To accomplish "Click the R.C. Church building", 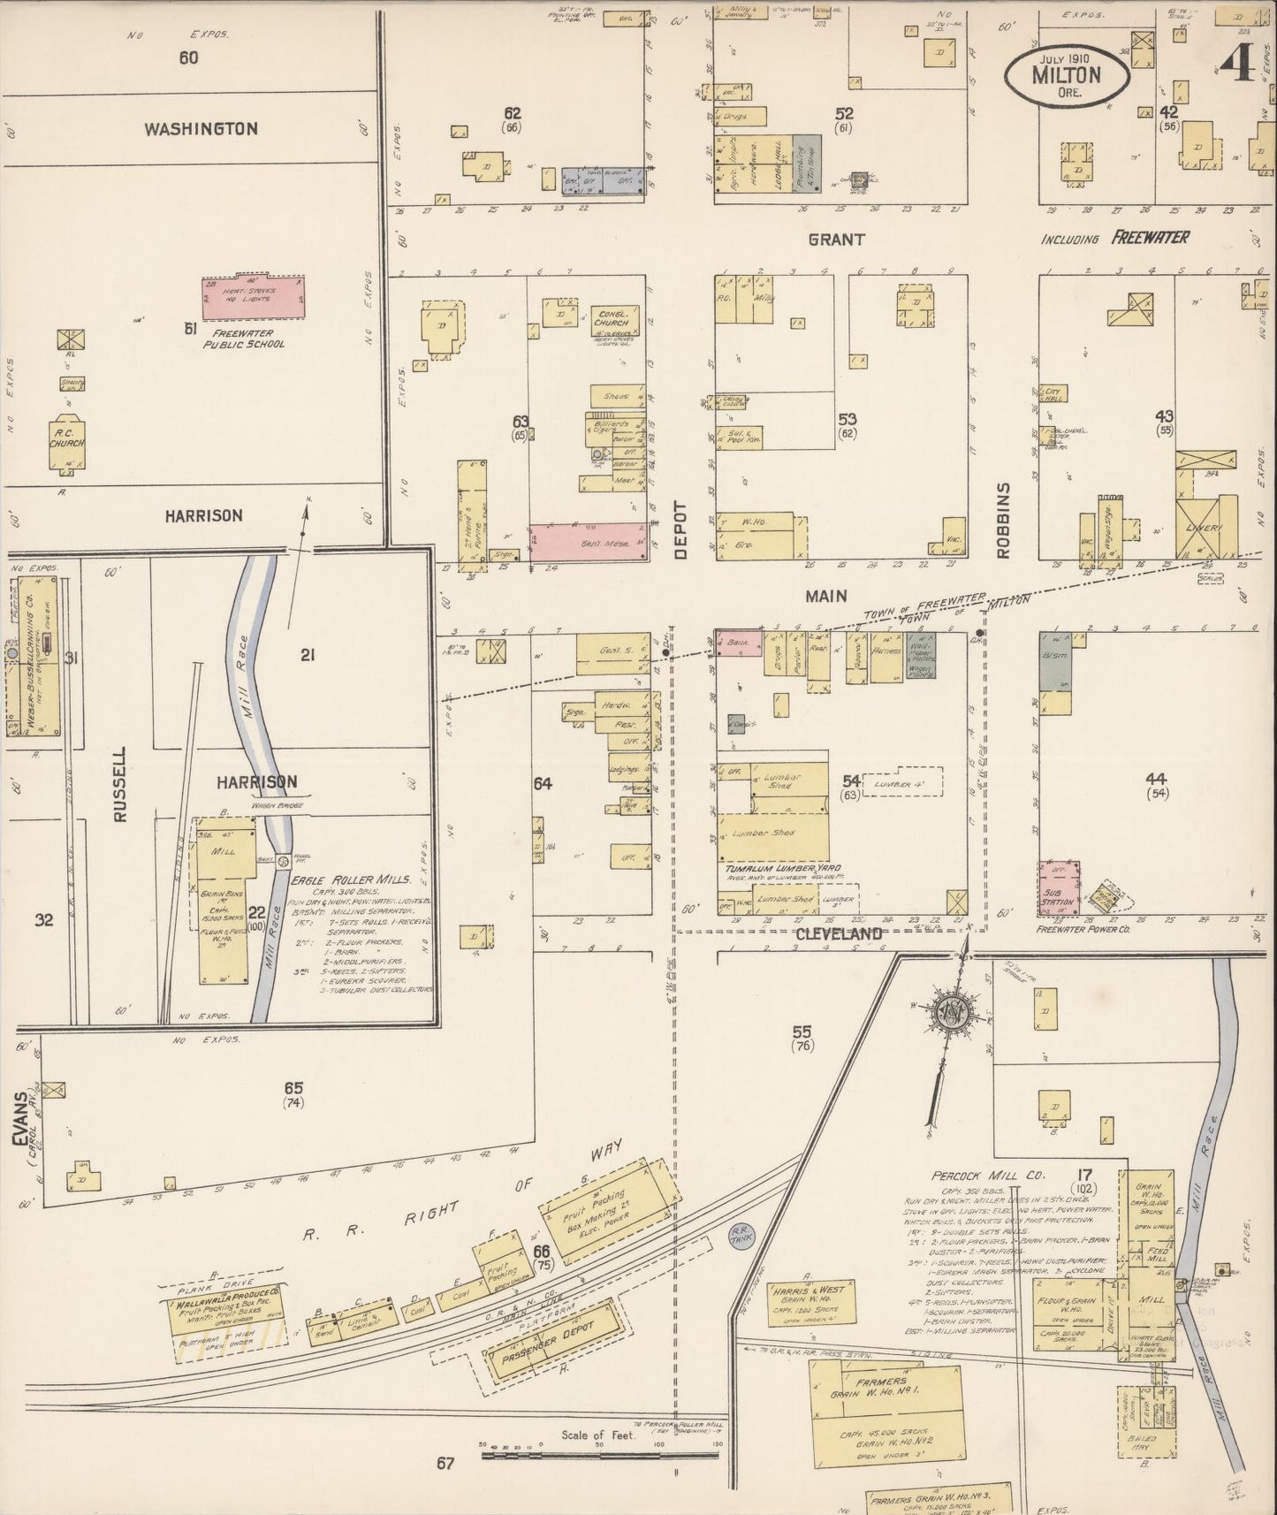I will pyautogui.click(x=67, y=441).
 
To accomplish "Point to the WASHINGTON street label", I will pyautogui.click(x=201, y=129).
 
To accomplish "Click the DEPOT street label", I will pyautogui.click(x=680, y=530).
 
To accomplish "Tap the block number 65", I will pyautogui.click(x=293, y=1088).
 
